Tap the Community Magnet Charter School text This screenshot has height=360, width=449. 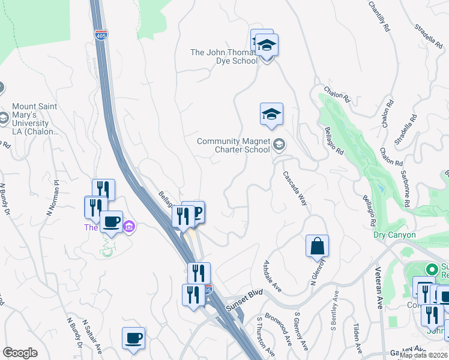click(234, 146)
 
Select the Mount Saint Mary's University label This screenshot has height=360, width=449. click(35, 119)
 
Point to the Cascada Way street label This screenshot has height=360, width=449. click(295, 188)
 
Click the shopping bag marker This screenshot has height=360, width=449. click(317, 246)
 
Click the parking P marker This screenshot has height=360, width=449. click(196, 212)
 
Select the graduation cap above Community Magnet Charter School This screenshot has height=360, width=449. click(271, 114)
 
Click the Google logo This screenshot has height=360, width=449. click(20, 353)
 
